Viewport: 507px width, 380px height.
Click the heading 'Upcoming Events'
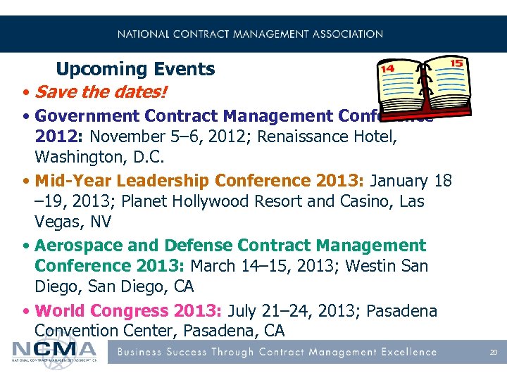(x=135, y=69)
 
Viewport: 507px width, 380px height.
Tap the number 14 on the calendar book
(x=387, y=69)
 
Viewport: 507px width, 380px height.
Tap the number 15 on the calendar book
(x=456, y=63)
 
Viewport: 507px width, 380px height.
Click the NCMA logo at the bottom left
(x=54, y=350)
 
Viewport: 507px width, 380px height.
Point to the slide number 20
(x=493, y=352)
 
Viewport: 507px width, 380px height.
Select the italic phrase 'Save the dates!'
(x=103, y=92)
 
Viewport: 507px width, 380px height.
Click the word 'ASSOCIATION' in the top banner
(x=346, y=34)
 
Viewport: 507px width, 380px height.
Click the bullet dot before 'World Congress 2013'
(x=25, y=311)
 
